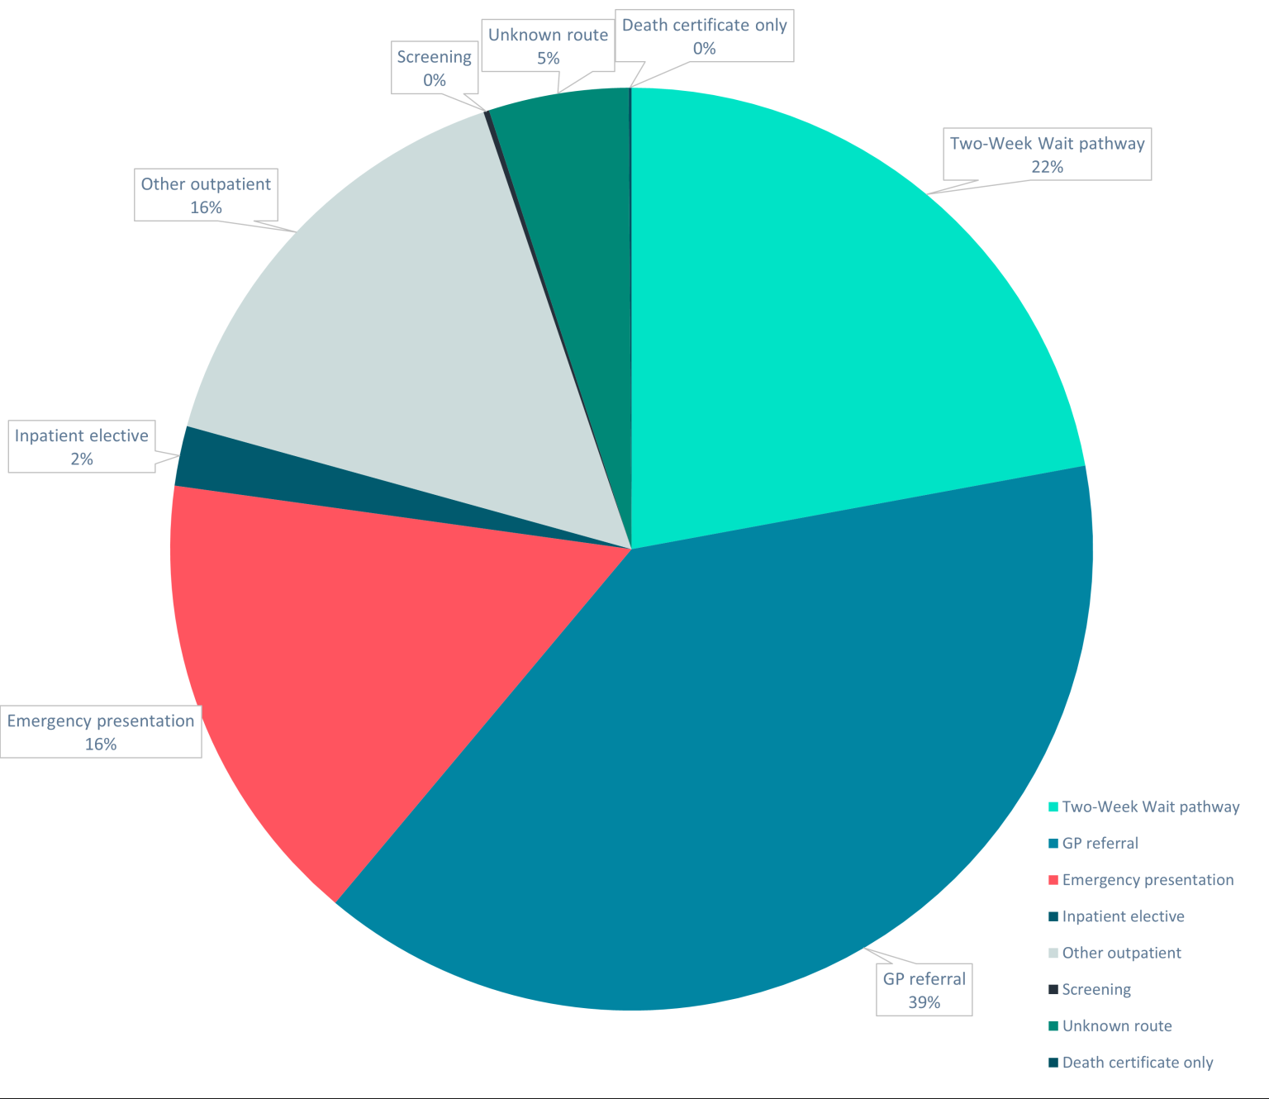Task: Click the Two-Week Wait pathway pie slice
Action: tap(826, 331)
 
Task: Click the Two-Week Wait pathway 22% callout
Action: tap(1047, 155)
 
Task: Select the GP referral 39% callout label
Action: tap(924, 990)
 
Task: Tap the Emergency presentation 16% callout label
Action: tap(100, 732)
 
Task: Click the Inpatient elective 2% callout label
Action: tap(81, 447)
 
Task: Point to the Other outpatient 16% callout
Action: tap(206, 195)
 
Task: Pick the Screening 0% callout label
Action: tap(434, 69)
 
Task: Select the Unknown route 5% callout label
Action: tap(548, 46)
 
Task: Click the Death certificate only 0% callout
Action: tap(704, 36)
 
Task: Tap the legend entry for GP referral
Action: tap(1100, 844)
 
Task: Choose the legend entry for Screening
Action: tap(1096, 989)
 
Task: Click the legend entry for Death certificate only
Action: tap(1137, 1063)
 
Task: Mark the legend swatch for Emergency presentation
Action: tap(1053, 880)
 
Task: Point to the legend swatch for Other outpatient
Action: tap(1053, 953)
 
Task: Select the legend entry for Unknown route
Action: tap(1116, 1026)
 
